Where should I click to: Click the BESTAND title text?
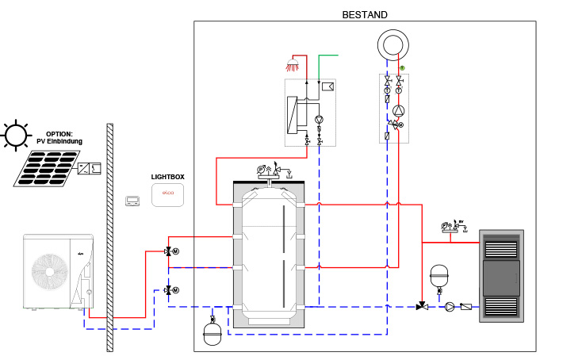coord(364,14)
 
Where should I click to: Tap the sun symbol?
coord(15,136)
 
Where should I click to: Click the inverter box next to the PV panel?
coord(89,168)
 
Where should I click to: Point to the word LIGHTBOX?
coord(167,178)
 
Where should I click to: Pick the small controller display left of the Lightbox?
coord(132,201)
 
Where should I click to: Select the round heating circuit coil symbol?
coord(393,44)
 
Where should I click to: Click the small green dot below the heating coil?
coord(402,68)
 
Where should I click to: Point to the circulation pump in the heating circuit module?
coord(400,111)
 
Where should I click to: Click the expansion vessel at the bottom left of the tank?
coord(213,331)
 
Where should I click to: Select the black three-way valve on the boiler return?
coord(421,306)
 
